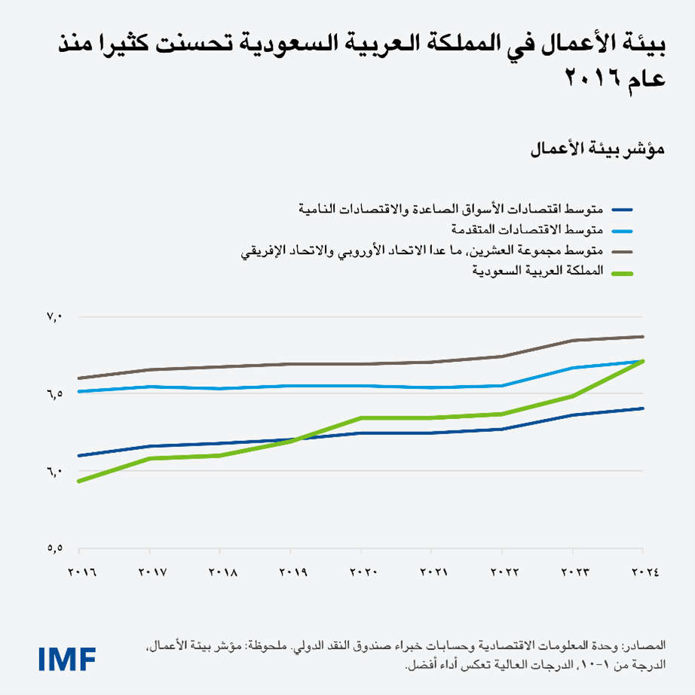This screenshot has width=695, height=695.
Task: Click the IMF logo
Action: coord(67,657)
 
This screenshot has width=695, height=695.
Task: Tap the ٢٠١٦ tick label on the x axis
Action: coord(84,573)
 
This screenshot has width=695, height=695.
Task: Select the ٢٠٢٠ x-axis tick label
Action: coord(363,573)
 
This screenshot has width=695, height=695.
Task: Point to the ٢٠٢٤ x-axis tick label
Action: coord(641,573)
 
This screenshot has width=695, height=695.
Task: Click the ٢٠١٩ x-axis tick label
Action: coord(292,573)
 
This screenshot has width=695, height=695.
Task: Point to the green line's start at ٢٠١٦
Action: coord(79,481)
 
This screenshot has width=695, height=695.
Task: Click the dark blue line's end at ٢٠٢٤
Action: coord(643,409)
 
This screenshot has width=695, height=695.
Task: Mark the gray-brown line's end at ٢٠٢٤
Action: coord(643,336)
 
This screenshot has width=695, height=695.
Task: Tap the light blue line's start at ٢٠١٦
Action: coord(79,391)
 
